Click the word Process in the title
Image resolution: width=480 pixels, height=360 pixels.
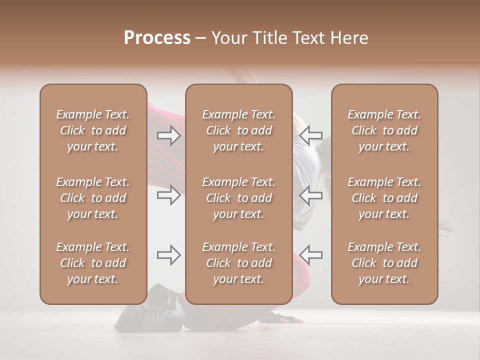pyautogui.click(x=157, y=38)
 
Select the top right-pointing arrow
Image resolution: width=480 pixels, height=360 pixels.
pyautogui.click(x=169, y=135)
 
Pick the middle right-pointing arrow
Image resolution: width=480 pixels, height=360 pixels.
pyautogui.click(x=169, y=195)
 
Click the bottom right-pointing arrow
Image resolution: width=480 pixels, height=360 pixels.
pyautogui.click(x=169, y=255)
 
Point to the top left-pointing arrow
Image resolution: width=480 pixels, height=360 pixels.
pyautogui.click(x=311, y=135)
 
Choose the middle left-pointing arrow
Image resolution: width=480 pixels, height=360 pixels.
pyautogui.click(x=311, y=195)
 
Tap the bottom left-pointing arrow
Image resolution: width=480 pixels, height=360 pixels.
pyautogui.click(x=311, y=255)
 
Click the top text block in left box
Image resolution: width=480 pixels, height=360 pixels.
pyautogui.click(x=93, y=130)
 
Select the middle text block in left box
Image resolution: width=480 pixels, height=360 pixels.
pyautogui.click(x=93, y=198)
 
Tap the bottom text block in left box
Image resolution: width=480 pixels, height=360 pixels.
pyautogui.click(x=93, y=263)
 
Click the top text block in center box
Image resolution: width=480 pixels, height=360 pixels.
pyautogui.click(x=238, y=130)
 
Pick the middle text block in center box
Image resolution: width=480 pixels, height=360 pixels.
pyautogui.click(x=238, y=198)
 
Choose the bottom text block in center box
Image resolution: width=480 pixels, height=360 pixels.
pyautogui.click(x=238, y=263)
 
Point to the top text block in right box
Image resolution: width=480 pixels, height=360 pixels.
pyautogui.click(x=384, y=130)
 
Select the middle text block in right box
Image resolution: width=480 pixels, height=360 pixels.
pyautogui.click(x=384, y=198)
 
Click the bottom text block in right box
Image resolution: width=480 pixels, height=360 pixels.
pyautogui.click(x=384, y=263)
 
